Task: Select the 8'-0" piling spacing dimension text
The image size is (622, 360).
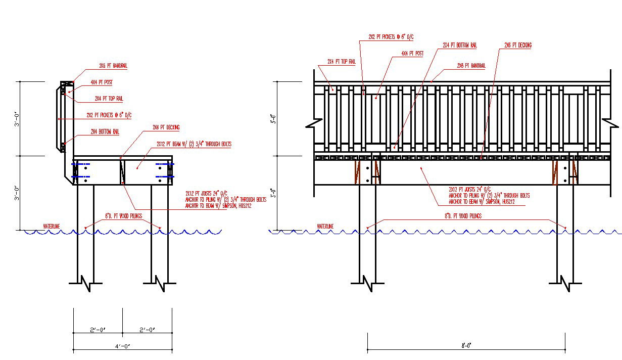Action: pyautogui.click(x=466, y=345)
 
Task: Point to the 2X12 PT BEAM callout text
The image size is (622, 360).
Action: pyautogui.click(x=194, y=144)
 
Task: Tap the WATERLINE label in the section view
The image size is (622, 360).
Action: pyautogui.click(x=51, y=226)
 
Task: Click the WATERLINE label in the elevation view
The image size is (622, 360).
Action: pyautogui.click(x=325, y=227)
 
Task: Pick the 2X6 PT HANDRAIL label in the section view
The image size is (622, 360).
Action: pyautogui.click(x=113, y=66)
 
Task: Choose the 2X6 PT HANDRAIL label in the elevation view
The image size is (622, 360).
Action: pyautogui.click(x=470, y=66)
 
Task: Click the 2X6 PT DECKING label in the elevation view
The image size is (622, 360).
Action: pyautogui.click(x=518, y=45)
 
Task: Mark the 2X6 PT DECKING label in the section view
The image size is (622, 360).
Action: pyautogui.click(x=165, y=127)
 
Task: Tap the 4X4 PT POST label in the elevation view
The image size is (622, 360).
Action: pyautogui.click(x=412, y=53)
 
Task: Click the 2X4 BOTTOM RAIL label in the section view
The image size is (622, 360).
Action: pyautogui.click(x=105, y=132)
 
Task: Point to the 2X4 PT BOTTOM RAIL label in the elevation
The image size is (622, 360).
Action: pyautogui.click(x=459, y=45)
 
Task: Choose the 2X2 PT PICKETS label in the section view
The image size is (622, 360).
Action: pyautogui.click(x=109, y=115)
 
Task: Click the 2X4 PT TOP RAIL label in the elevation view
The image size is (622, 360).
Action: pyautogui.click(x=342, y=62)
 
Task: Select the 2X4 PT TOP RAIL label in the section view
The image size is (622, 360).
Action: pyautogui.click(x=109, y=99)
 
